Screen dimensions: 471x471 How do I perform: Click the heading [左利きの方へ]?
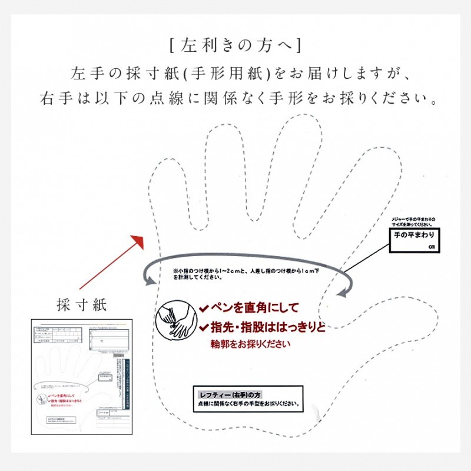(x=235, y=45)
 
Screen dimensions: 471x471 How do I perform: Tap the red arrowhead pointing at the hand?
(x=139, y=241)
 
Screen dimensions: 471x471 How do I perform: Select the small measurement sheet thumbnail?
(x=82, y=377)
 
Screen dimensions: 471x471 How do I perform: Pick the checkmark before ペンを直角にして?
(x=203, y=307)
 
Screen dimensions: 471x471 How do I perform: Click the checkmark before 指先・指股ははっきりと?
(x=203, y=327)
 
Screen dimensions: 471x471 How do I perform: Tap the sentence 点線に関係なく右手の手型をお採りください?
(x=247, y=404)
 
